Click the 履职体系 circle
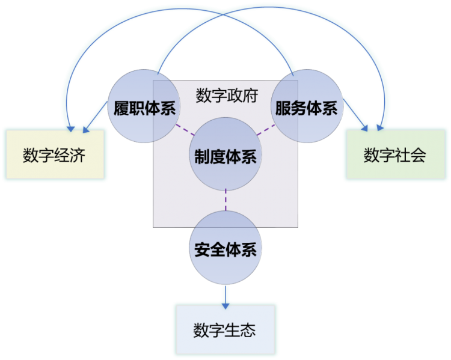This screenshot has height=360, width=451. [x=144, y=106]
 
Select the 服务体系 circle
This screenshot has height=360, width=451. [x=307, y=106]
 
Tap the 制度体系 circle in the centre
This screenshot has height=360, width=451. [x=226, y=154]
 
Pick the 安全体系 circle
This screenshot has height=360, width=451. [x=226, y=248]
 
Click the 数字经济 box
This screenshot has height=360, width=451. [x=55, y=154]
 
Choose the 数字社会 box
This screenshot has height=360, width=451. [x=396, y=154]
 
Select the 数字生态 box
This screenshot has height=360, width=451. [x=226, y=329]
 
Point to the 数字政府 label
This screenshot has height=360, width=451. [x=227, y=96]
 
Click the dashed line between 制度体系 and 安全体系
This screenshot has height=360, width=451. [x=226, y=200]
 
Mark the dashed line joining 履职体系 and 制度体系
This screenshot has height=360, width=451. [x=186, y=130]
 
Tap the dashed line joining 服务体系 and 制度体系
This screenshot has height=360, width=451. [x=265, y=130]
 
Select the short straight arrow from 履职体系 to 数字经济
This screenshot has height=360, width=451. [x=95, y=117]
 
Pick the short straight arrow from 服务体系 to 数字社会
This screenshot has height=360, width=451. [x=355, y=115]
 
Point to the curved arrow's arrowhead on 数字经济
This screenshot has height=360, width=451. [x=71, y=129]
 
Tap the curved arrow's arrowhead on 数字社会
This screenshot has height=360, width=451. [x=380, y=127]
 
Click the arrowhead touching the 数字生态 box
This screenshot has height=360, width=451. [x=226, y=306]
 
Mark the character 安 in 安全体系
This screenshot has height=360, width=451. [x=202, y=249]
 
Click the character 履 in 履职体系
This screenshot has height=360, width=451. [x=121, y=108]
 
